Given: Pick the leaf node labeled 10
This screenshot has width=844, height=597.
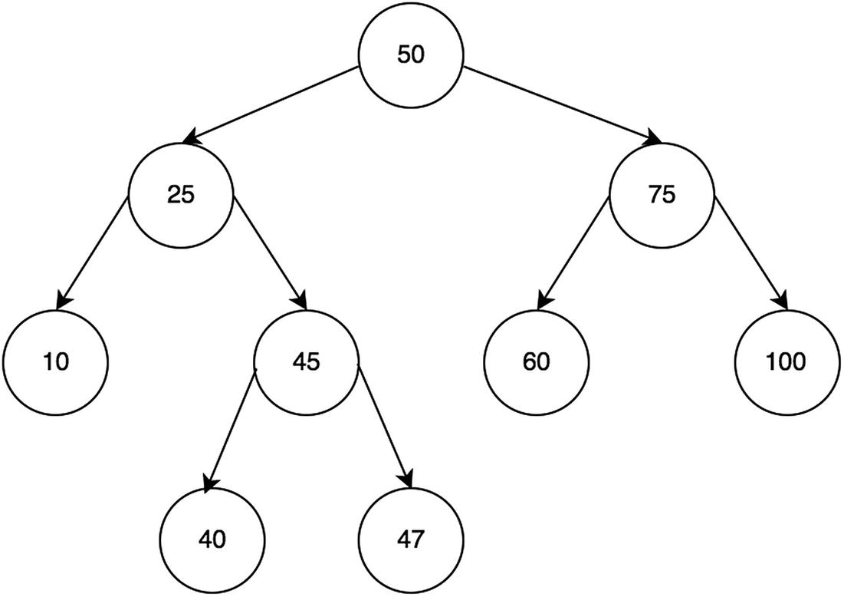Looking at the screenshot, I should [x=55, y=361].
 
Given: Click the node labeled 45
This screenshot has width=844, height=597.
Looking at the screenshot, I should [x=307, y=361].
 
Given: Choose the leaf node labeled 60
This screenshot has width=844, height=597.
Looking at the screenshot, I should [x=537, y=361].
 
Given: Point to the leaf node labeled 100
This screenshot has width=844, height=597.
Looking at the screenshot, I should [x=788, y=361].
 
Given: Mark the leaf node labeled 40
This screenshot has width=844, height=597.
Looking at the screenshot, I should [x=212, y=539].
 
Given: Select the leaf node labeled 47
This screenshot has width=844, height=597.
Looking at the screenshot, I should [x=411, y=539].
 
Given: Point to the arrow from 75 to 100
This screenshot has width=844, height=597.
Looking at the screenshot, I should [x=751, y=253].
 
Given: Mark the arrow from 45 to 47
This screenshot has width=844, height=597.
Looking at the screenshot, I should [x=386, y=430].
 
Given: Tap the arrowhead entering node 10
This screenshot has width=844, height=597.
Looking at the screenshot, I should [x=64, y=301].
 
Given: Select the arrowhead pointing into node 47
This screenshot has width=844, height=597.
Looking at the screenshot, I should [x=407, y=479].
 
